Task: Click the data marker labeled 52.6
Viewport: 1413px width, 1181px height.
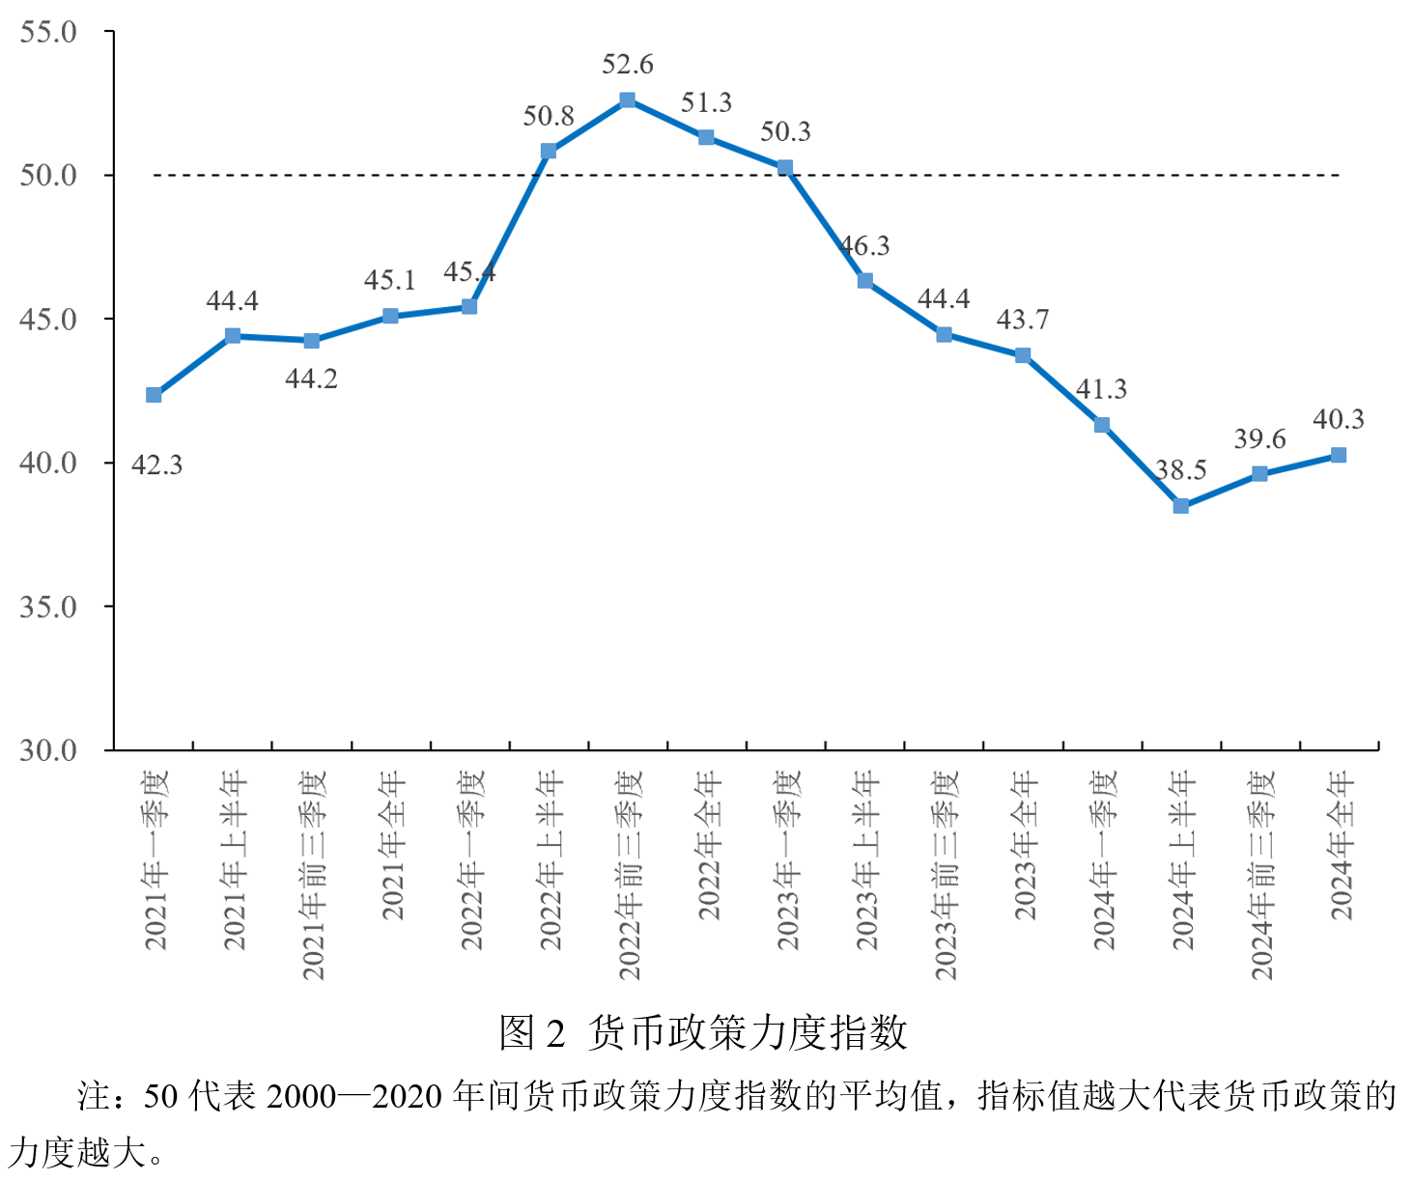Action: [x=628, y=100]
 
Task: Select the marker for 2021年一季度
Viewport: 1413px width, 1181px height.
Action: [x=154, y=395]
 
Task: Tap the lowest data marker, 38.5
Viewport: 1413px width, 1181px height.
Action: [x=1181, y=506]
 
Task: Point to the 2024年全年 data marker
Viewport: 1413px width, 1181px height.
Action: [x=1339, y=455]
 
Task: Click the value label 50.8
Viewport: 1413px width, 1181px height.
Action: [x=549, y=117]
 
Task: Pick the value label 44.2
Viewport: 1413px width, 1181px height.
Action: [x=311, y=380]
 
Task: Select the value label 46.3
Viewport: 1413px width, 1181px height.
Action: [x=864, y=246]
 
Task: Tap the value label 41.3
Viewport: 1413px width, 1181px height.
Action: [x=1101, y=389]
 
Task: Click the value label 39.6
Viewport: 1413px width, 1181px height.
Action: [x=1259, y=439]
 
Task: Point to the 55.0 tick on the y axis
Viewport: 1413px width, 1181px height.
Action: [x=48, y=32]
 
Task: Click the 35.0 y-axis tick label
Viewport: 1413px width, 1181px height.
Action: [x=48, y=607]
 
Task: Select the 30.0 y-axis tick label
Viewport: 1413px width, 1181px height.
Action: [x=48, y=750]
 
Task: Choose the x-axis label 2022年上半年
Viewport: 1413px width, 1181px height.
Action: [x=550, y=859]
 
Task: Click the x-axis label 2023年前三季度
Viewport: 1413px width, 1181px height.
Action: [x=945, y=875]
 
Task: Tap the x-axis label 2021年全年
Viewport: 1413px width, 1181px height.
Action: [x=391, y=845]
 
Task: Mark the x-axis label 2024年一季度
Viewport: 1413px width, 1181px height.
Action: [x=1103, y=859]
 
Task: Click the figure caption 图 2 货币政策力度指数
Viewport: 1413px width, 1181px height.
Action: [x=703, y=1032]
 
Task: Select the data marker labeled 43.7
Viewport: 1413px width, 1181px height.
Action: [x=1023, y=355]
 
